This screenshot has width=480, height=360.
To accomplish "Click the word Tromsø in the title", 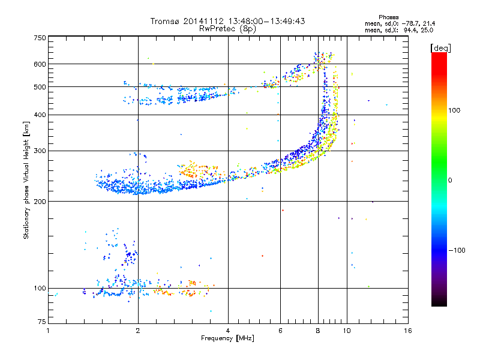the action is [166, 21].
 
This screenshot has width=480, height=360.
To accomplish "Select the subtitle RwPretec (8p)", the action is [228, 29].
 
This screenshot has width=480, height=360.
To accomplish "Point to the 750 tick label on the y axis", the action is [40, 38].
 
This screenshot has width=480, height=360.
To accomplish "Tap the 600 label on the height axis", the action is [40, 64].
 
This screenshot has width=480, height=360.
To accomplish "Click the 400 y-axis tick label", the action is [40, 115].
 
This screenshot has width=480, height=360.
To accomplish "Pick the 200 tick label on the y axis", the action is [40, 202].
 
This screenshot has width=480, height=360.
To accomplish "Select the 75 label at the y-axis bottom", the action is [42, 322].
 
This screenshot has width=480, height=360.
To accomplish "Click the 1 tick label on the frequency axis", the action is [48, 331].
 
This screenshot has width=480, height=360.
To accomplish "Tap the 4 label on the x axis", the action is [228, 331].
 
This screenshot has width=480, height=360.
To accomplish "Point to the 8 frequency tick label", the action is [318, 331].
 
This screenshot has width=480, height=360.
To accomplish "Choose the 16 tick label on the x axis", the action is [408, 331].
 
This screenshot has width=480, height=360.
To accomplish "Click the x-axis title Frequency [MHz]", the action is [228, 338].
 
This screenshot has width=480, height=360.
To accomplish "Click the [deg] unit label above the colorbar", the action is [440, 48].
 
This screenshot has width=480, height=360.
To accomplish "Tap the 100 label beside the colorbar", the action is [454, 110].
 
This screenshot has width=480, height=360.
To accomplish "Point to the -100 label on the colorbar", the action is [457, 250].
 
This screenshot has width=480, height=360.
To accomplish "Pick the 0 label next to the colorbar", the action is [450, 181].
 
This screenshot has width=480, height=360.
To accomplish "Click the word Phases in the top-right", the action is [388, 17].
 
